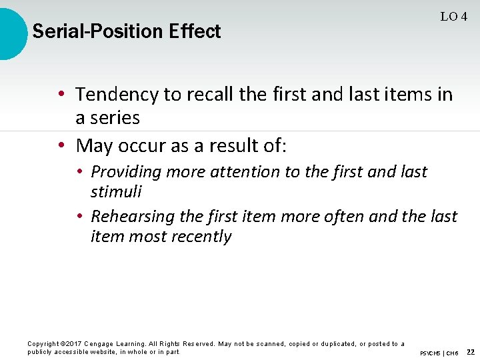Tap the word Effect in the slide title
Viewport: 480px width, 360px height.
pos(195,31)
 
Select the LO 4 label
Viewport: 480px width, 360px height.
pos(453,17)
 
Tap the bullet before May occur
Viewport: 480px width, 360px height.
pos(61,145)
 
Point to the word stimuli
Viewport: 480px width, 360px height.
pos(116,192)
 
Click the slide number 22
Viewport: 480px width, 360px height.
pos(471,352)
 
